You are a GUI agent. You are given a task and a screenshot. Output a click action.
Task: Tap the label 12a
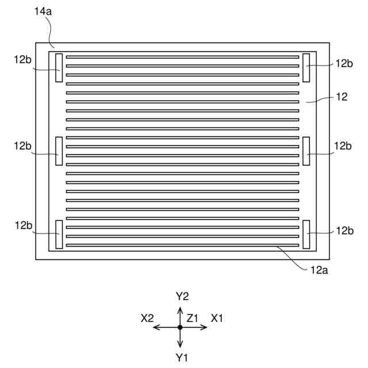319,268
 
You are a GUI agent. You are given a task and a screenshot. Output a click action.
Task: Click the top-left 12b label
23,60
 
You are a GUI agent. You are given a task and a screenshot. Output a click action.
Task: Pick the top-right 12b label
344,63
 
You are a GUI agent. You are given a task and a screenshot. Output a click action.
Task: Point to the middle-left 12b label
23,146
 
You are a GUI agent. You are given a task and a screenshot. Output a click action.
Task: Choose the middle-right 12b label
344,146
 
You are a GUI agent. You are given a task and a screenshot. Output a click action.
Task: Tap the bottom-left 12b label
23,225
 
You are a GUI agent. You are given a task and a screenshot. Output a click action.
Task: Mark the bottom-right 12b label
344,231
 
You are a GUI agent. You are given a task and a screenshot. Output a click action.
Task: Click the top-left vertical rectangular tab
59,67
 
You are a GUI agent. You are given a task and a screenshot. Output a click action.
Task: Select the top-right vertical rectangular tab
306,67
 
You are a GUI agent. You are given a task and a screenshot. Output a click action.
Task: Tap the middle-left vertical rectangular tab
59,151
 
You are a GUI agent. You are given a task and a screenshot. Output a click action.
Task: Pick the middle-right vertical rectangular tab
306,151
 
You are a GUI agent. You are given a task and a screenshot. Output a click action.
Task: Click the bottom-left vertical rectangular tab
59,234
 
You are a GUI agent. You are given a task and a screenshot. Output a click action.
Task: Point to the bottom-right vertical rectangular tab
306,234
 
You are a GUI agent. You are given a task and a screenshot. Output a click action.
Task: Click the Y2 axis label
182,296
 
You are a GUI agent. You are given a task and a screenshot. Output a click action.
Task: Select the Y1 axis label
182,358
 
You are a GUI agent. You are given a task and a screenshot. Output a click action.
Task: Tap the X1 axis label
217,317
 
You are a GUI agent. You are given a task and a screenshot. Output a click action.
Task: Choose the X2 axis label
147,317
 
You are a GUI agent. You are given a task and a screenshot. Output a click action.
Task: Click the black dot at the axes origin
180,327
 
